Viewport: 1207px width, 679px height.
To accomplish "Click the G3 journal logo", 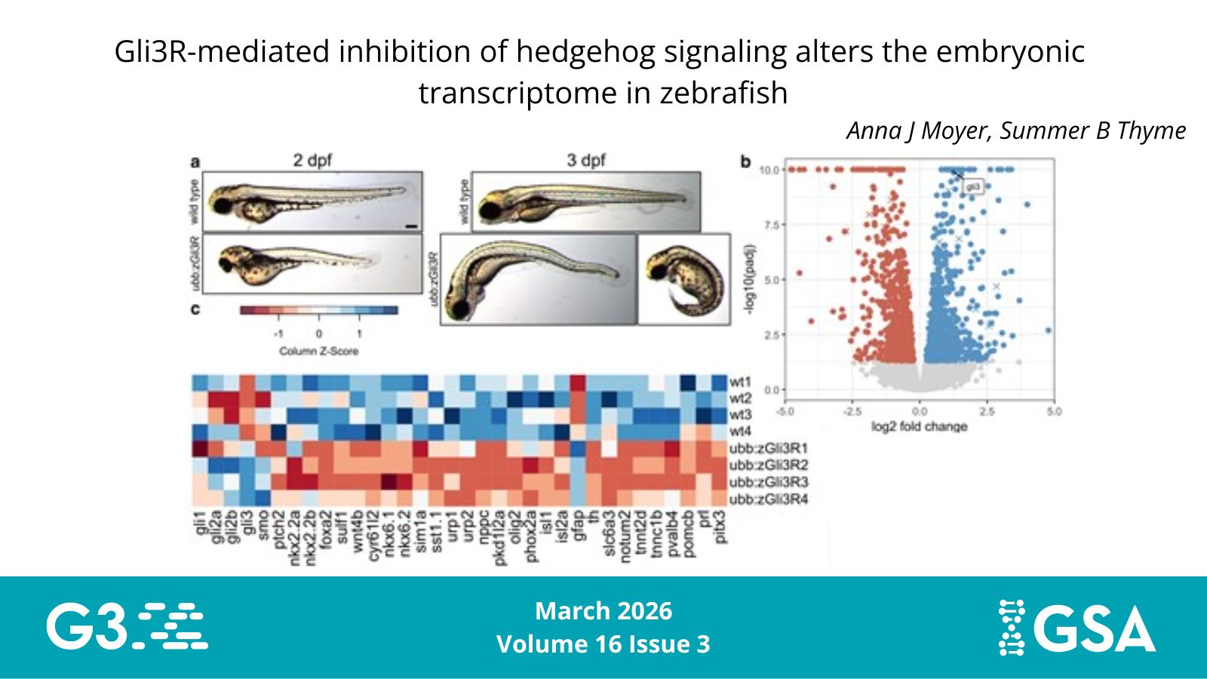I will [x=127, y=625].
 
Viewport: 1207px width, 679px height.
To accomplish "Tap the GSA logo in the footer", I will [x=1077, y=626].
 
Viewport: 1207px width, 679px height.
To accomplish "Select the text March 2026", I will [x=603, y=610].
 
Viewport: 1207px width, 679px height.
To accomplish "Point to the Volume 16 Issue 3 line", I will [x=603, y=644].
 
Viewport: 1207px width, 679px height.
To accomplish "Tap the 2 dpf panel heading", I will [x=312, y=160].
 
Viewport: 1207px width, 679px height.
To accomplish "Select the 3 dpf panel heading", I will [x=586, y=160].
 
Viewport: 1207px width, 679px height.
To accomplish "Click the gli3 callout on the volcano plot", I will [x=973, y=186].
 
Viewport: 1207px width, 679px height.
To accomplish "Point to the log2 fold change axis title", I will [x=919, y=426].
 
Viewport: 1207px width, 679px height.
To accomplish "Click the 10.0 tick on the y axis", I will [x=769, y=170].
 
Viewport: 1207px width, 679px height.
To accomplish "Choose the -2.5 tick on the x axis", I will [x=852, y=411].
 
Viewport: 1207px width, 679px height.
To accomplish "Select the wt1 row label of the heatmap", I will [x=740, y=382].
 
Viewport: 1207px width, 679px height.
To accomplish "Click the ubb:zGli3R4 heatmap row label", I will [x=768, y=499].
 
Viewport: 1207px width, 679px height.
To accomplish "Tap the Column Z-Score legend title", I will [x=318, y=351].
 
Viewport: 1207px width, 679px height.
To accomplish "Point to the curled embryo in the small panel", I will [x=683, y=279].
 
